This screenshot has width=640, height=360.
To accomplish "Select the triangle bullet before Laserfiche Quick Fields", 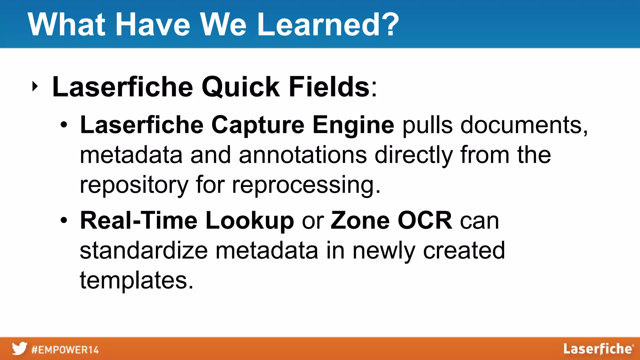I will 35,87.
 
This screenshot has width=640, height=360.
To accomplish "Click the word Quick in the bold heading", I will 240,87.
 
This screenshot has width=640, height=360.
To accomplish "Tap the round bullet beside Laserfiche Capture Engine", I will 64,125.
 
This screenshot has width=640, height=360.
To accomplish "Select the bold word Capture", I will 257,125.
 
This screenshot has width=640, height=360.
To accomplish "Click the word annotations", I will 302,155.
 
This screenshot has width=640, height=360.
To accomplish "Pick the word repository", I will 134,185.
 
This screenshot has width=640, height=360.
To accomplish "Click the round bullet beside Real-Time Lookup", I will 64,220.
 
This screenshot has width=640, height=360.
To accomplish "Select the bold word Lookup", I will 249,220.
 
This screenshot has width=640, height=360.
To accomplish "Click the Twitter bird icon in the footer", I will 19,349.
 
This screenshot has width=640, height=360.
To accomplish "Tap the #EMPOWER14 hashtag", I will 65,349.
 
